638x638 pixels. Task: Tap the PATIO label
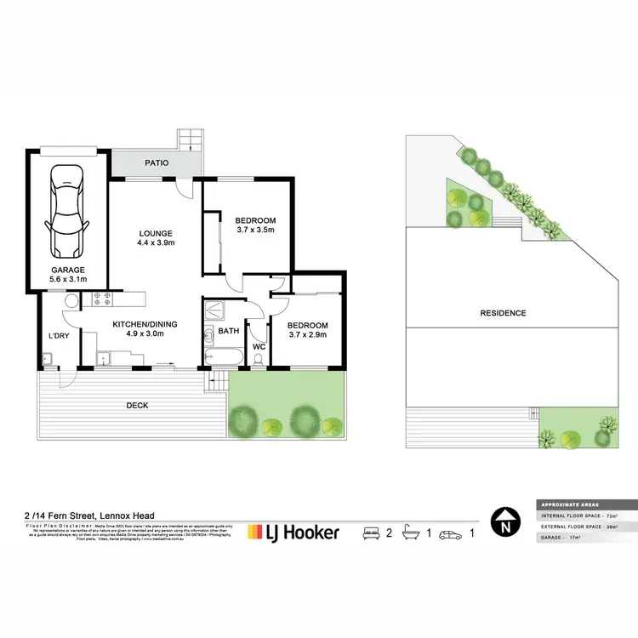(155, 162)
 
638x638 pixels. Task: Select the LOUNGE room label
(157, 233)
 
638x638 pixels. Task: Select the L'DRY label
(57, 334)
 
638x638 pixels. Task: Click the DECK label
(138, 406)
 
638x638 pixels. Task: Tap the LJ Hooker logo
(293, 533)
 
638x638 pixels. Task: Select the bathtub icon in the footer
(410, 533)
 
